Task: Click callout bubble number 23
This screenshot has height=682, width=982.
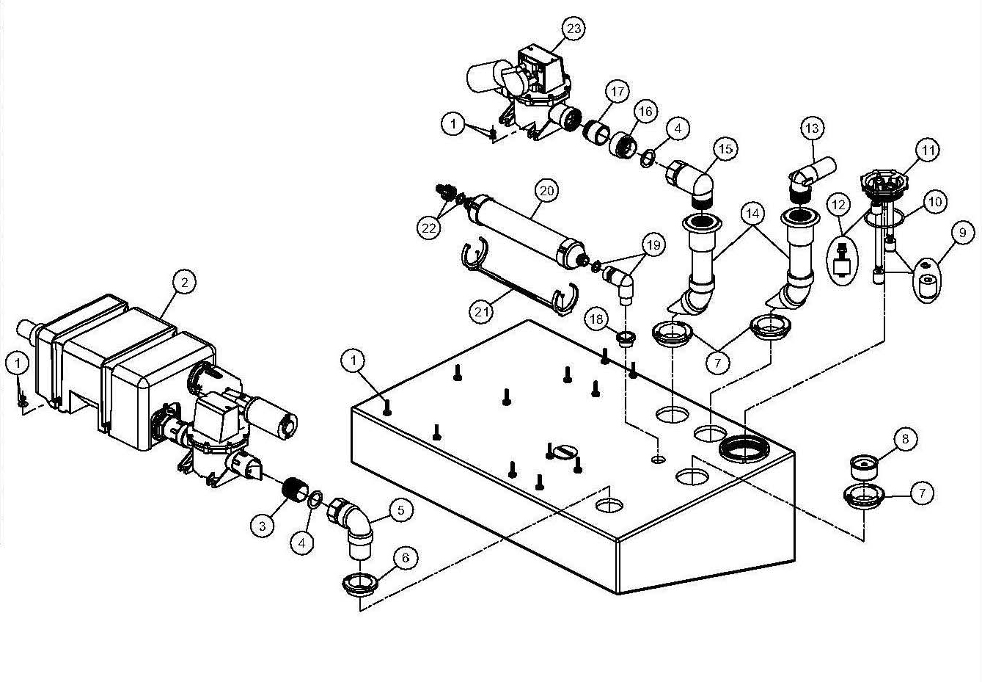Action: pyautogui.click(x=574, y=29)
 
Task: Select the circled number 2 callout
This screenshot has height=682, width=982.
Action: pyautogui.click(x=185, y=283)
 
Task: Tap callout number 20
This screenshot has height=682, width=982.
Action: pyautogui.click(x=546, y=191)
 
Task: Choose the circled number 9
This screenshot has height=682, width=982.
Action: pyautogui.click(x=963, y=233)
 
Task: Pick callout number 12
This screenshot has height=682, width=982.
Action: pyautogui.click(x=838, y=205)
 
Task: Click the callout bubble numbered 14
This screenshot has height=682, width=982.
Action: pyautogui.click(x=752, y=214)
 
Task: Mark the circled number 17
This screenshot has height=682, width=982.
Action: pyautogui.click(x=618, y=92)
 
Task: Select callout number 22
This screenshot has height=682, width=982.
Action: pyautogui.click(x=429, y=228)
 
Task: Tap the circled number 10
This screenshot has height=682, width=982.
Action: pyautogui.click(x=935, y=202)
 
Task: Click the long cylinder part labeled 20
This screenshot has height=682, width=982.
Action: pyautogui.click(x=527, y=231)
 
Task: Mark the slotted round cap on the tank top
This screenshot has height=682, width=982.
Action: pyautogui.click(x=565, y=451)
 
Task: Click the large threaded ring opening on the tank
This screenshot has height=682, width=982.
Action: pyautogui.click(x=744, y=449)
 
